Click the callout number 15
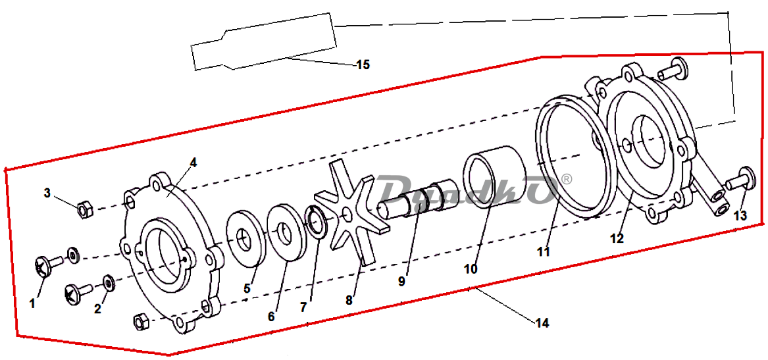point(363,64)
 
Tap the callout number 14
point(542,323)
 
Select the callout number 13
point(740,215)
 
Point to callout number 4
point(193,163)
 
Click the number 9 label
point(401,282)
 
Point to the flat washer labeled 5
point(246,238)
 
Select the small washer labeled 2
point(108,283)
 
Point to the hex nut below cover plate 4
point(141,321)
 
